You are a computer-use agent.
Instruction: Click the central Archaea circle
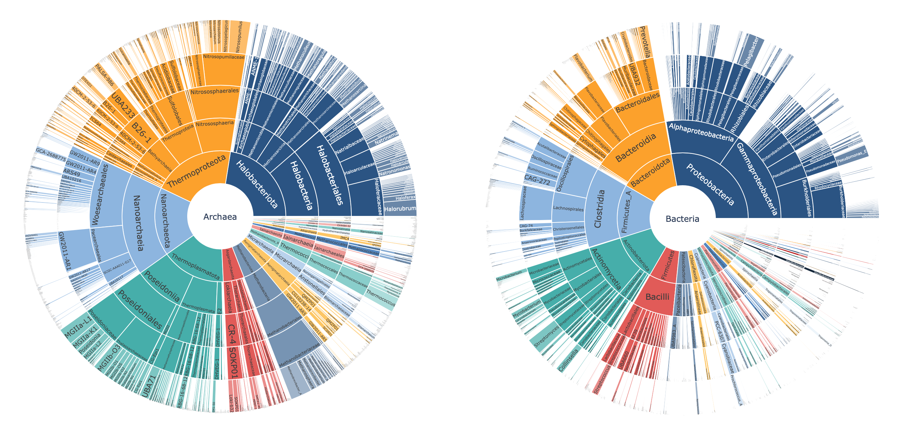pyautogui.click(x=220, y=217)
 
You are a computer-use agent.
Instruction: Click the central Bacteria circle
pyautogui.click(x=682, y=219)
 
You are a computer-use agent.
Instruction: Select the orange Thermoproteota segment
pyautogui.click(x=197, y=172)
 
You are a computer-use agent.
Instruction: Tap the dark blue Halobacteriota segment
pyautogui.click(x=257, y=184)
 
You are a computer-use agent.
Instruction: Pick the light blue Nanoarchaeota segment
pyautogui.click(x=166, y=220)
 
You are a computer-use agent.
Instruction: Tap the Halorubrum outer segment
pyautogui.click(x=400, y=209)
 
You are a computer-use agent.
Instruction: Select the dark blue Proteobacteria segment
pyautogui.click(x=710, y=184)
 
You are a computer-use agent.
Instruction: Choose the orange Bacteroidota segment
pyautogui.click(x=651, y=172)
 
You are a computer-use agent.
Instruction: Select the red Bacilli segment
pyautogui.click(x=658, y=297)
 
